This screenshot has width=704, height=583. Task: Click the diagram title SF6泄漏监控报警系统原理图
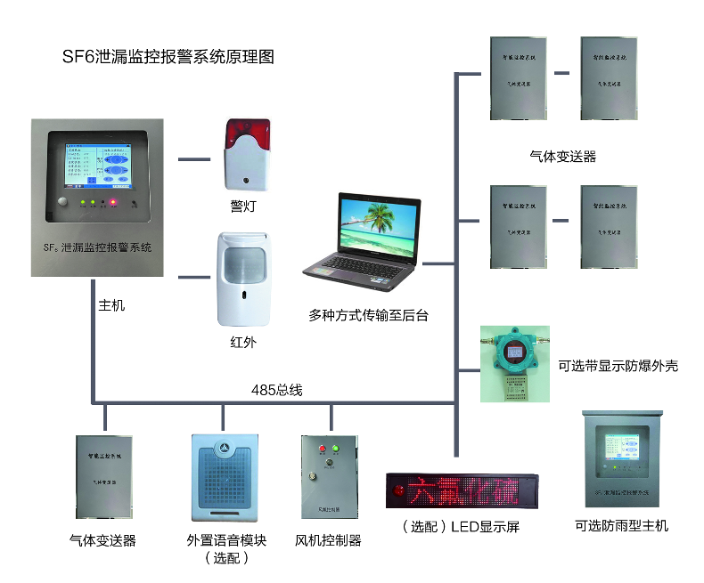point(167,58)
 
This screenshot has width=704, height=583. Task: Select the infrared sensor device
point(242,279)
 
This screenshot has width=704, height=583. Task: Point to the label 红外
point(242,343)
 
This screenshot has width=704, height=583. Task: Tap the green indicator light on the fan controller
point(336,449)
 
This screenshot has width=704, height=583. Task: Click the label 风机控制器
point(328,540)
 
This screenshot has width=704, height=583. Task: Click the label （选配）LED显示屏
point(461,527)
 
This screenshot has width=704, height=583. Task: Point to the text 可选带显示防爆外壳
point(618,366)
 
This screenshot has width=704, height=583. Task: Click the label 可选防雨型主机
point(621,525)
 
